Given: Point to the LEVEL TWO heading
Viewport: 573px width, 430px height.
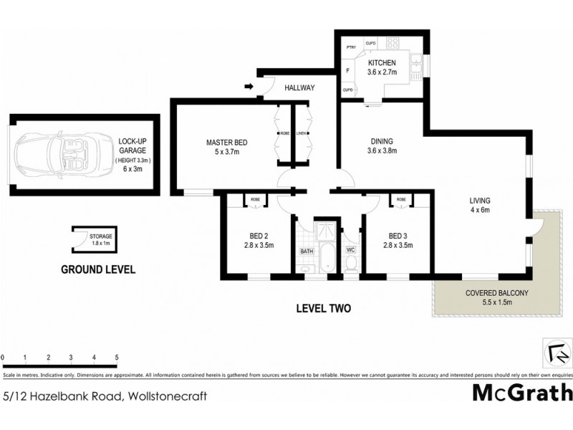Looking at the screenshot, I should [323, 309].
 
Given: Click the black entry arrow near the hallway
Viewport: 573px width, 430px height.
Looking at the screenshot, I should [249, 87].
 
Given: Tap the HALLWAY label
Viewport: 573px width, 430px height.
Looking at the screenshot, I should [299, 87].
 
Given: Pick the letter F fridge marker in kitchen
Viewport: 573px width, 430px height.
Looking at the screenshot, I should [347, 71].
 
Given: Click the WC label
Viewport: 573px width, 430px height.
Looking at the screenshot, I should [351, 250].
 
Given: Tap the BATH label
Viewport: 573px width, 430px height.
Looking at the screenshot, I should [307, 252].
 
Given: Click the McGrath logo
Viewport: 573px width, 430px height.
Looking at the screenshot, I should [522, 393].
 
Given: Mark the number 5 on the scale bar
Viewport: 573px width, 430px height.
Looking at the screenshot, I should [116, 356].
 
